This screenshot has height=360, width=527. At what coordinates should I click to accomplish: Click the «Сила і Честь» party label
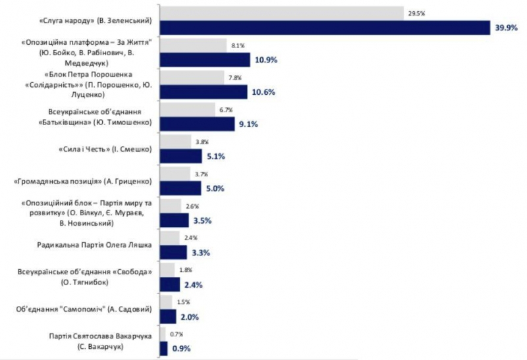click(x=105, y=150)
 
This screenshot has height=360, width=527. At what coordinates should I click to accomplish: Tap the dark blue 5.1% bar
click(x=180, y=156)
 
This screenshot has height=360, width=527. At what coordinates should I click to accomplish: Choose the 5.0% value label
click(x=215, y=188)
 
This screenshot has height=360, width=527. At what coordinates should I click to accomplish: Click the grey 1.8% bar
click(x=167, y=270)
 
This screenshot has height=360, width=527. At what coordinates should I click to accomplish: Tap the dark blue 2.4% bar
click(x=169, y=284)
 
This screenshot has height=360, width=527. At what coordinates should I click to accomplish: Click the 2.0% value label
click(x=189, y=317)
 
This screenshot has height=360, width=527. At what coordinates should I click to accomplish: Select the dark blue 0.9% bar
click(x=163, y=349)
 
